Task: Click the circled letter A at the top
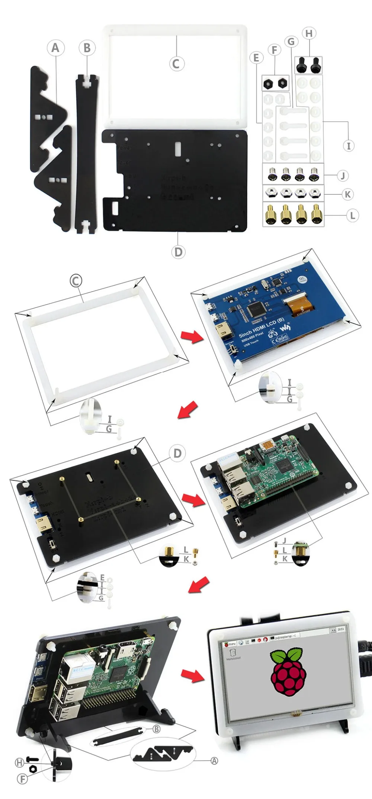tap(55, 48)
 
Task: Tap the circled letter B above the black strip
tap(87, 48)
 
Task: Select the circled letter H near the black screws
tap(309, 33)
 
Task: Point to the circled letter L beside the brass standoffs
tap(352, 215)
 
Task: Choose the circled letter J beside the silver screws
tap(343, 175)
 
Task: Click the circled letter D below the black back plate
tap(178, 252)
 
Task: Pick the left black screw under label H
tap(301, 65)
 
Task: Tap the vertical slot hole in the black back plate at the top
tap(178, 148)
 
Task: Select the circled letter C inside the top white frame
tap(176, 63)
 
